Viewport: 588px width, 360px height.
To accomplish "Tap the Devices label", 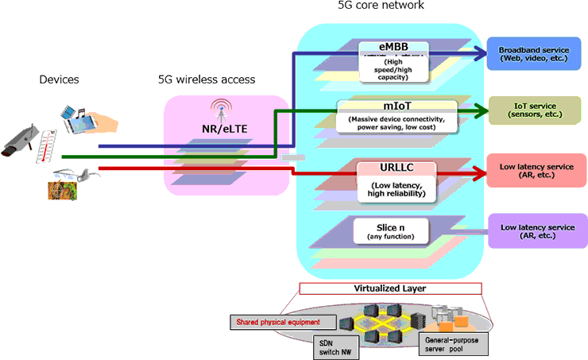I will pyautogui.click(x=60, y=79).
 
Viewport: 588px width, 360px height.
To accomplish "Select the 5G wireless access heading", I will pyautogui.click(x=207, y=79).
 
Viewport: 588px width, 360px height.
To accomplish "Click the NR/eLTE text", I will pyautogui.click(x=225, y=129).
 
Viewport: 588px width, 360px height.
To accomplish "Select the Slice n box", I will pyautogui.click(x=391, y=231).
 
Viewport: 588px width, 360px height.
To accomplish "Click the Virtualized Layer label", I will pyautogui.click(x=390, y=288).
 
